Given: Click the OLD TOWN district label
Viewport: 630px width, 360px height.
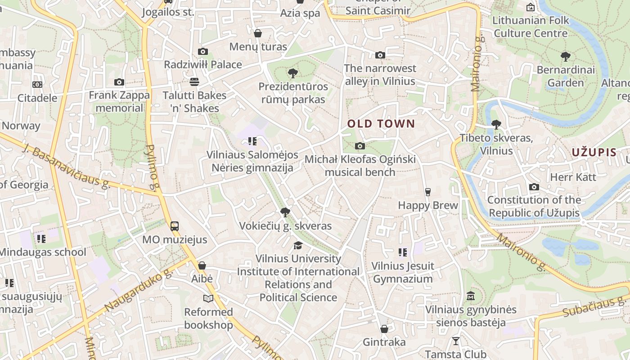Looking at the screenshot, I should (x=381, y=124).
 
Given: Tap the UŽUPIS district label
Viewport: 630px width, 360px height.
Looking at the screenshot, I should (x=594, y=152).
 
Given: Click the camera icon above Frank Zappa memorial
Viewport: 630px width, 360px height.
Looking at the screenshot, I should (x=119, y=82).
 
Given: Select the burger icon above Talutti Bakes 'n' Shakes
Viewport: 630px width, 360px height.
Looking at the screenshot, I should (x=194, y=82).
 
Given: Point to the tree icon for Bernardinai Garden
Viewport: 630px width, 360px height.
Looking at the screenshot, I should (x=566, y=57).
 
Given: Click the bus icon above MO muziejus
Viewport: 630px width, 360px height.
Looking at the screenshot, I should (x=175, y=226).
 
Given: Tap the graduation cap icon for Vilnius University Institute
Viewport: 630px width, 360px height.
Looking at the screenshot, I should (x=298, y=245).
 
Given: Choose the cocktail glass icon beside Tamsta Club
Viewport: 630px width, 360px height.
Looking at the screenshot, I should (x=456, y=341).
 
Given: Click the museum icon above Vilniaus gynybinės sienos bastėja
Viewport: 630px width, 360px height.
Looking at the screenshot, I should (x=471, y=296).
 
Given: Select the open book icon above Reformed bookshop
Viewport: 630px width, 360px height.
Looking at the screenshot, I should (x=208, y=298).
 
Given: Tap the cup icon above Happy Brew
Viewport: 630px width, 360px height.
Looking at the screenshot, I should (x=427, y=192).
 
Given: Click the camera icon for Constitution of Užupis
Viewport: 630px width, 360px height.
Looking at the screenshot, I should (x=534, y=187).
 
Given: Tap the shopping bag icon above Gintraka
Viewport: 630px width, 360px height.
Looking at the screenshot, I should (x=384, y=329).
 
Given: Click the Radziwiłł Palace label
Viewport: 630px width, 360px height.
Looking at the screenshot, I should (x=203, y=64).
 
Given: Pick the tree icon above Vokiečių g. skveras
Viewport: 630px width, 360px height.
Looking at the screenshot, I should (x=285, y=212).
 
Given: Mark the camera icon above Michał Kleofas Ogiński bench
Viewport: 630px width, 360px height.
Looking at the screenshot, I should (x=360, y=146).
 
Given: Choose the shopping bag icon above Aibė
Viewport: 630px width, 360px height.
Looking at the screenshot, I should (x=202, y=265).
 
